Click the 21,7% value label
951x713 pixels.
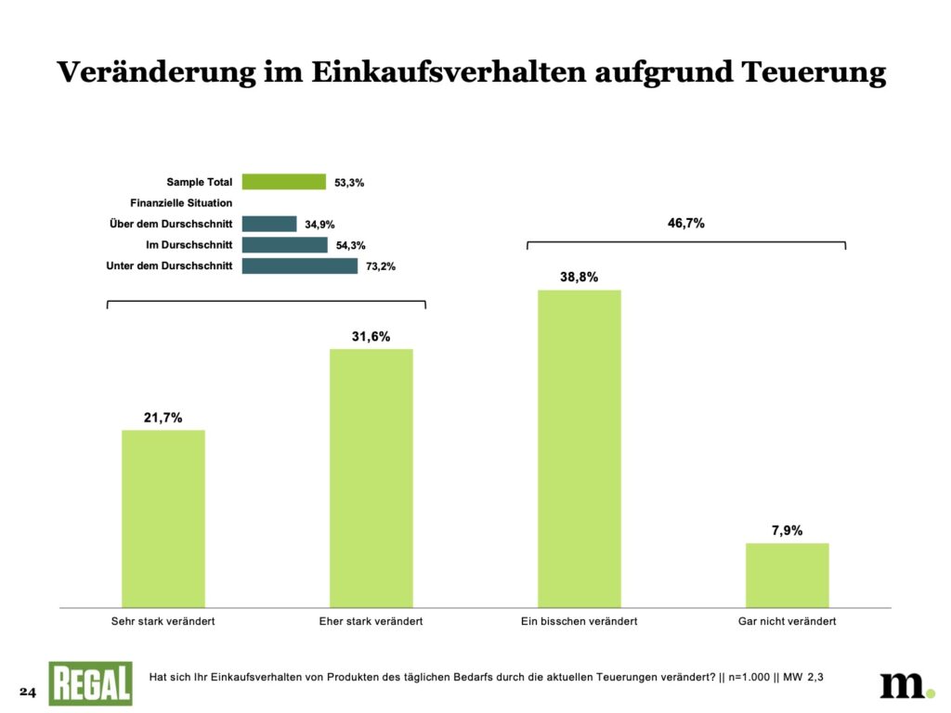pos(163,418)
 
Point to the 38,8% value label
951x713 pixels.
pos(579,277)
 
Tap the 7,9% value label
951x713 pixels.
pos(787,531)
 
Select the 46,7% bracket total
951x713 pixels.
pos(686,223)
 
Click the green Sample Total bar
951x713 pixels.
pos(284,182)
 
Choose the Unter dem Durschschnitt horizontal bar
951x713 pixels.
pos(299,266)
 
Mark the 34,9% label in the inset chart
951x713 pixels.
pos(319,225)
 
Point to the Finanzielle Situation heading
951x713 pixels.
pos(181,202)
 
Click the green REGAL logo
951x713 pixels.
pos(90,684)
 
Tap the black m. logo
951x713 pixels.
pos(906,684)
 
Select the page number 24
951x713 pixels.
pos(27,693)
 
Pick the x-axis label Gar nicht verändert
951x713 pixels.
pos(787,621)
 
